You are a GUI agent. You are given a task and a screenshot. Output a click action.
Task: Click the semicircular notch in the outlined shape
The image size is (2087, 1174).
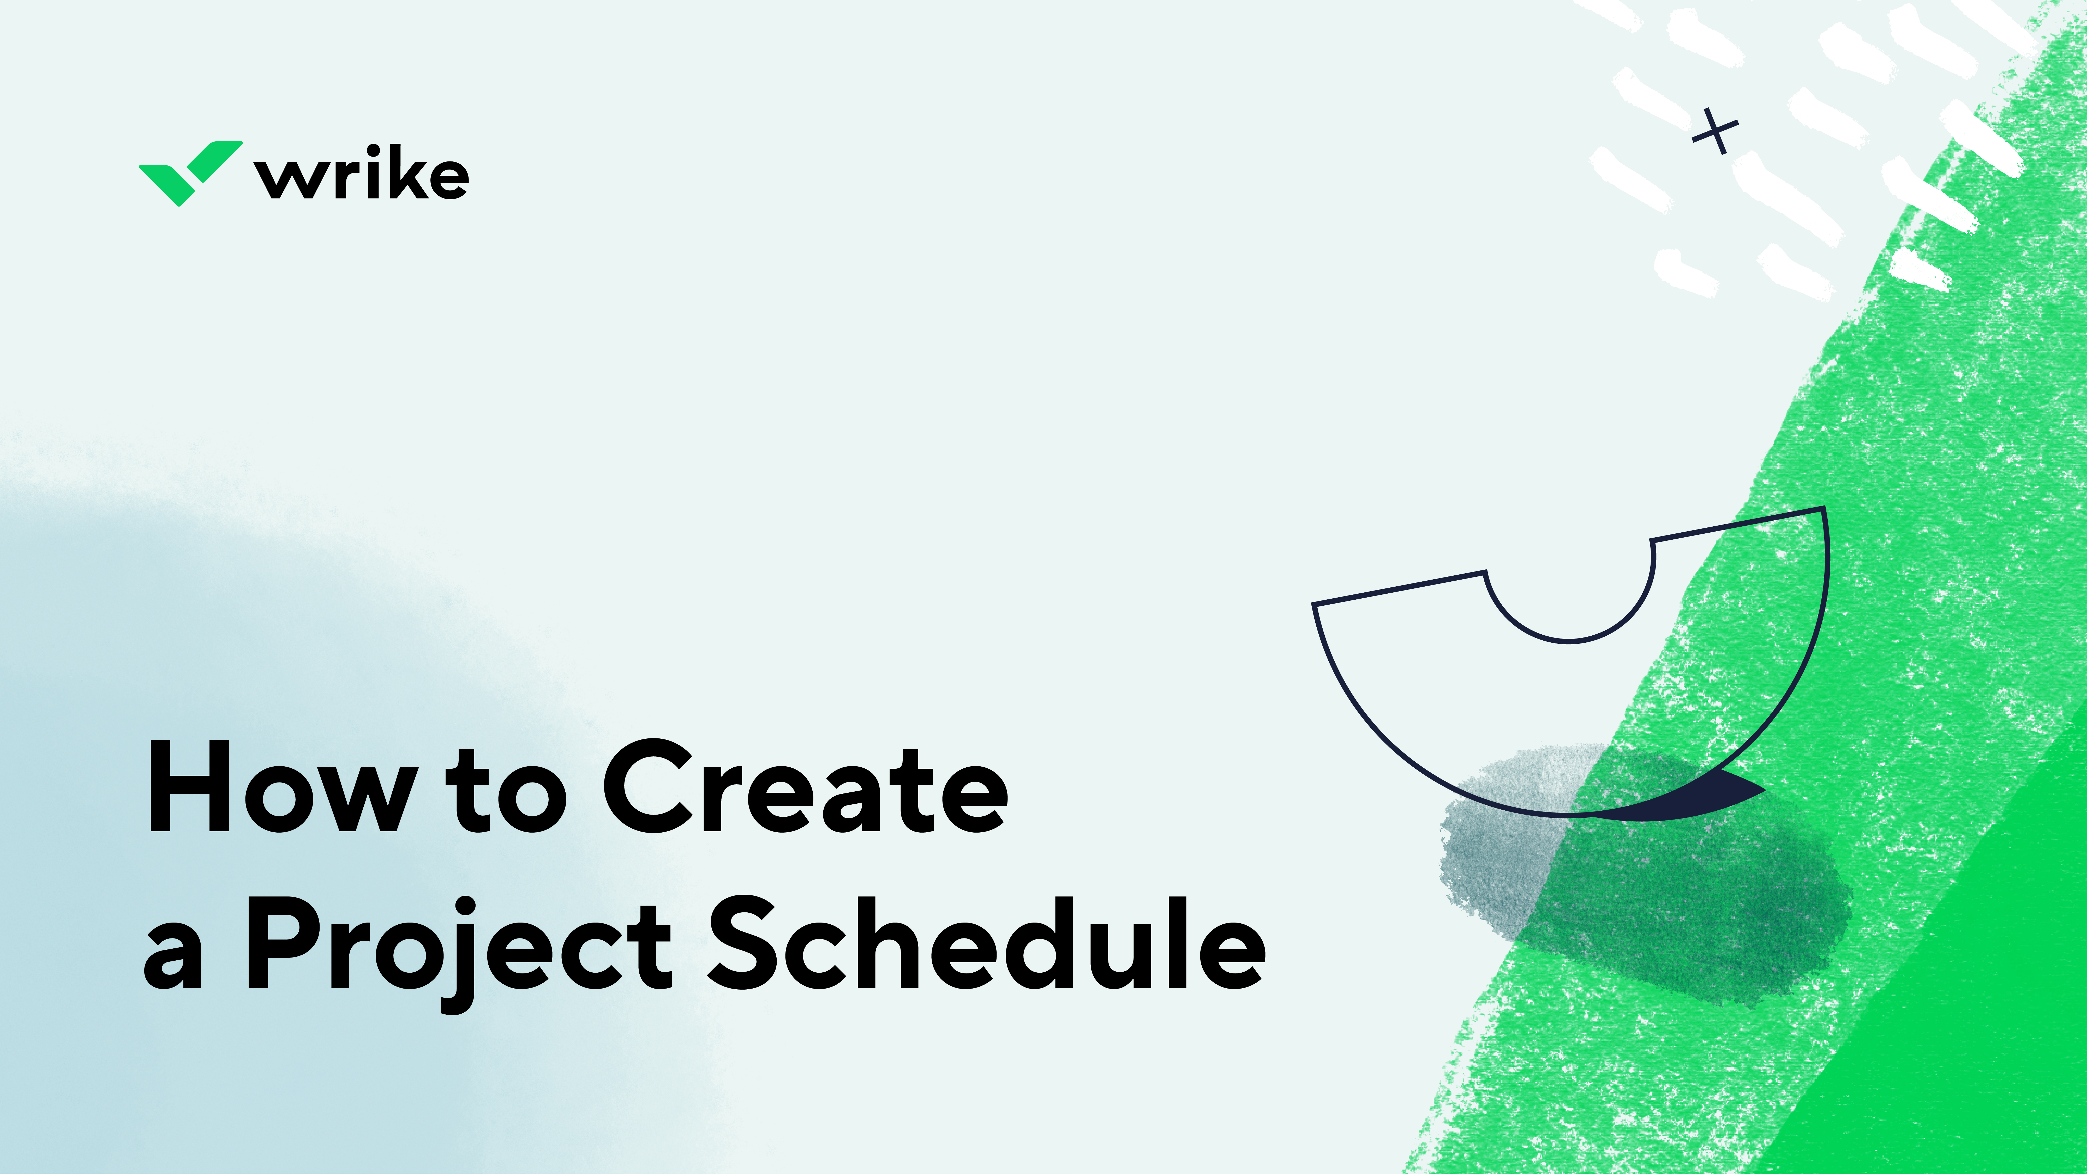1569,600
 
